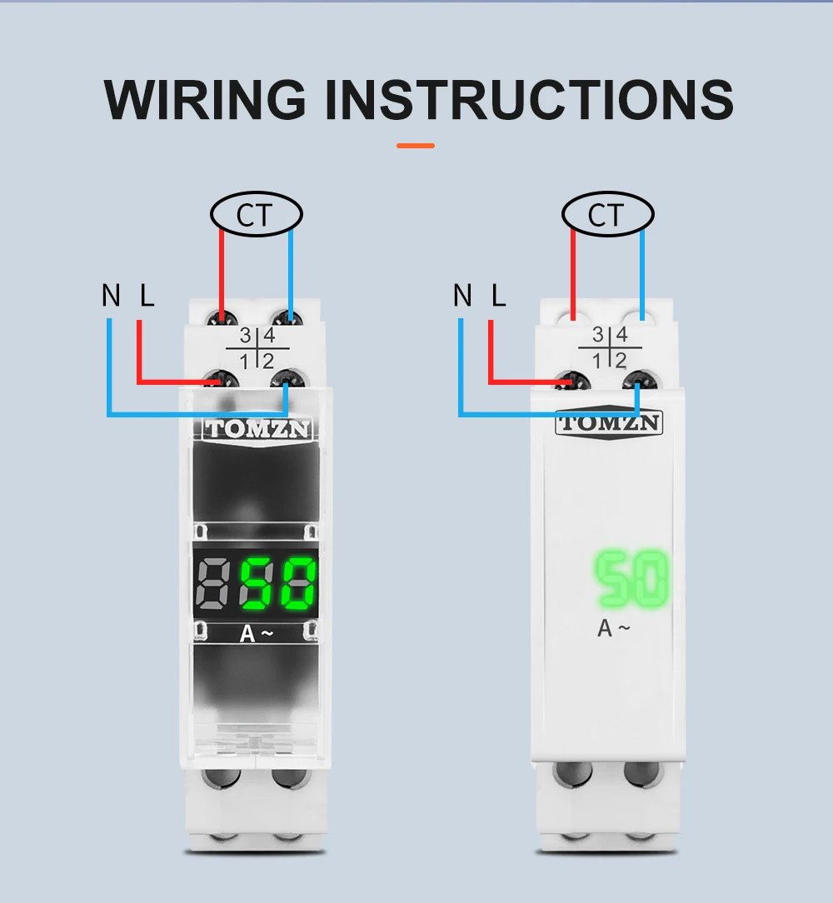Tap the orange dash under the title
[416, 146]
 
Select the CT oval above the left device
[256, 215]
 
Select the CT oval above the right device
[607, 215]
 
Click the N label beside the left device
[111, 295]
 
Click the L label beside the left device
[147, 295]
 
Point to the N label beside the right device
[462, 295]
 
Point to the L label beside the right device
[499, 295]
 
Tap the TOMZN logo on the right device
[609, 422]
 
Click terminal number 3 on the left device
[245, 337]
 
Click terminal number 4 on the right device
[621, 336]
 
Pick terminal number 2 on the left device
[268, 362]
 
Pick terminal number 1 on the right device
[596, 361]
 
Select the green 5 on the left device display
[259, 582]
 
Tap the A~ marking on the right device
[613, 629]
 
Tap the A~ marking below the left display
[256, 634]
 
